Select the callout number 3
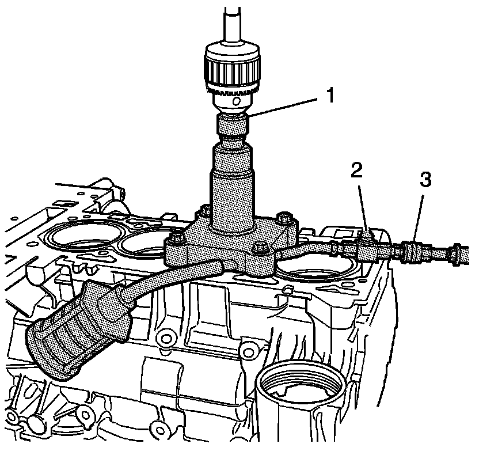(425, 180)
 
